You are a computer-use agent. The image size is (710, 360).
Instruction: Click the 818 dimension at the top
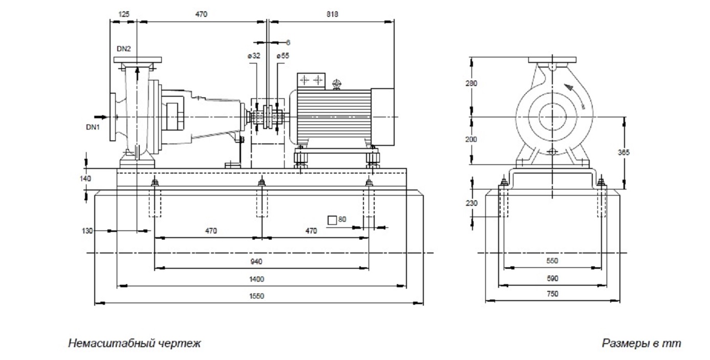point(332,14)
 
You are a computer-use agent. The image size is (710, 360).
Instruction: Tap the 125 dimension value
point(123,14)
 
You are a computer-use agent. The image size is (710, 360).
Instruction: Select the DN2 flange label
point(124,49)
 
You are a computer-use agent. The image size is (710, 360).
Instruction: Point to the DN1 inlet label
point(93,126)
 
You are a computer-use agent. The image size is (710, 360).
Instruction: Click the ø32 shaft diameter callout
point(254,56)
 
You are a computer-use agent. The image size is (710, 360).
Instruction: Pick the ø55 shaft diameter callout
point(283,56)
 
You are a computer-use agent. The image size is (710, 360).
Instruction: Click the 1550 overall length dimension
point(257,296)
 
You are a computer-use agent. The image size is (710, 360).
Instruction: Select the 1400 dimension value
point(257,279)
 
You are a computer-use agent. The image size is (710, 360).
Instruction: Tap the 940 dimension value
point(257,262)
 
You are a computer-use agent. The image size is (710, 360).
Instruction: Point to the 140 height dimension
point(85,179)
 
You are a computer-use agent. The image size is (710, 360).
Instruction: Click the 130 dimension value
point(88,231)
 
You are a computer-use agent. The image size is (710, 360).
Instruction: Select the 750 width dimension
point(552,294)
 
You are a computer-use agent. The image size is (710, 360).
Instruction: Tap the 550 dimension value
point(552,261)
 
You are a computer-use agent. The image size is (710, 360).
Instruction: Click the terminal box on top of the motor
point(312,80)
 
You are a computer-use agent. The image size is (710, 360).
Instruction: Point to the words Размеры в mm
point(641,343)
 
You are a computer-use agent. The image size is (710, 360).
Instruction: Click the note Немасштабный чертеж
point(134,343)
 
